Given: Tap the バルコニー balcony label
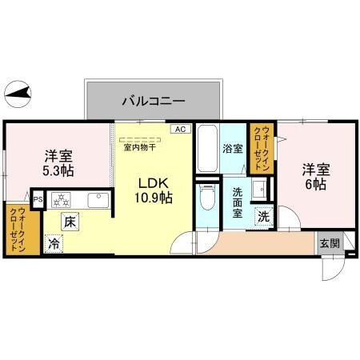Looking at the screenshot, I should (154, 102).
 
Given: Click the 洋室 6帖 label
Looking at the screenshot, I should (314, 176).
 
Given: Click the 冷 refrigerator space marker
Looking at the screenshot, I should (54, 243).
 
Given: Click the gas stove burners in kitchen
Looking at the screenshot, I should (62, 199).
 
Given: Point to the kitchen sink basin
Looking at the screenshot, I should (98, 199).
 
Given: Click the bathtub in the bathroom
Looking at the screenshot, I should (207, 149).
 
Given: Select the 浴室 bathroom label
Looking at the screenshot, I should (232, 149).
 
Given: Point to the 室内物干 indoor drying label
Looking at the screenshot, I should (139, 146).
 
